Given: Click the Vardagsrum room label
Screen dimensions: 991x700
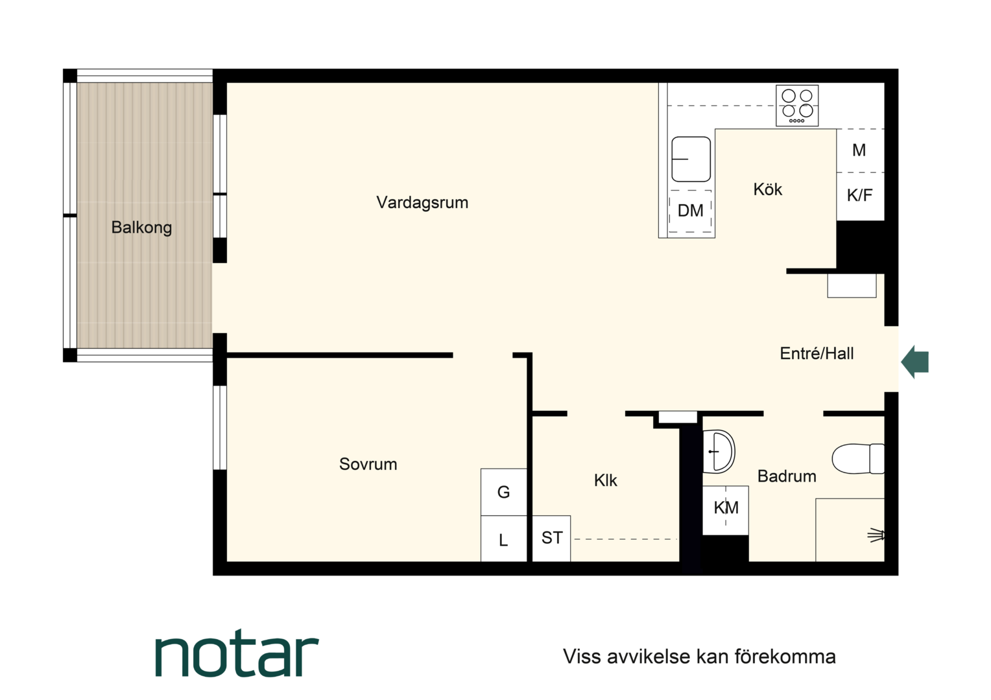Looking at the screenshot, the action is [422, 202].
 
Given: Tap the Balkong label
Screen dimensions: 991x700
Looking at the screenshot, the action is [141, 227].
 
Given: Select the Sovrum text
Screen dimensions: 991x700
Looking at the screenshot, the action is [368, 464].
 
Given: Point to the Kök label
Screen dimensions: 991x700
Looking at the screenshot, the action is [768, 189].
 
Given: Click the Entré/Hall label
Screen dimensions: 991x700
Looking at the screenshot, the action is [817, 353].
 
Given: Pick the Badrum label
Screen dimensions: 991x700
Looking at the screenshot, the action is [787, 476].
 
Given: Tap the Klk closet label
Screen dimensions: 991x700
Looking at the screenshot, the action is [605, 480].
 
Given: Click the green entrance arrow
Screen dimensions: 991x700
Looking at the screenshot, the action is [915, 362].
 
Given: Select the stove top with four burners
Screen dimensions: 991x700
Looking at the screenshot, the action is [797, 106].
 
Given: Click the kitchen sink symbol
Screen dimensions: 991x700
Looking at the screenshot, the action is [691, 159].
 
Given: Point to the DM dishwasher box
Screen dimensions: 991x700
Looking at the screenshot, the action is [690, 211].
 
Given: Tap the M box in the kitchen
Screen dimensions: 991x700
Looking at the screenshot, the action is [860, 150].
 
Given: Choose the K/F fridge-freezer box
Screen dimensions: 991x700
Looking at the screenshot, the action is [860, 196].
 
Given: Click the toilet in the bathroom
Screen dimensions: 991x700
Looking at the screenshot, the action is [858, 458].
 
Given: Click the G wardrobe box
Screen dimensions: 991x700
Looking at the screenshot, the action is [503, 492].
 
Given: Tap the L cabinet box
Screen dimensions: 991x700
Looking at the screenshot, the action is [503, 539].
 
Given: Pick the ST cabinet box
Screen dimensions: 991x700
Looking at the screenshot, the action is [551, 538].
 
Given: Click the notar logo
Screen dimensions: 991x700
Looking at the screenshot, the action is [237, 653].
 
